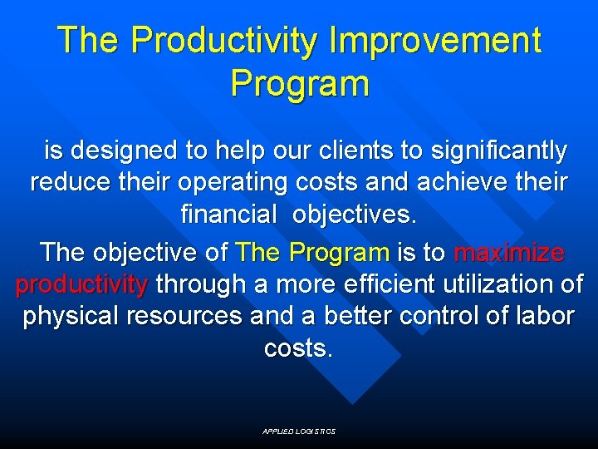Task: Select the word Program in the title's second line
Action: coord(299,83)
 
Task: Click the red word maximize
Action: coord(509,252)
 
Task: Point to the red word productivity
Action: coord(81,284)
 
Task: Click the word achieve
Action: coord(447,182)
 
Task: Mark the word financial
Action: coord(228,215)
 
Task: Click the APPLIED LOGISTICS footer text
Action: coord(299,432)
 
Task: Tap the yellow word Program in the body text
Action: coord(341,252)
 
